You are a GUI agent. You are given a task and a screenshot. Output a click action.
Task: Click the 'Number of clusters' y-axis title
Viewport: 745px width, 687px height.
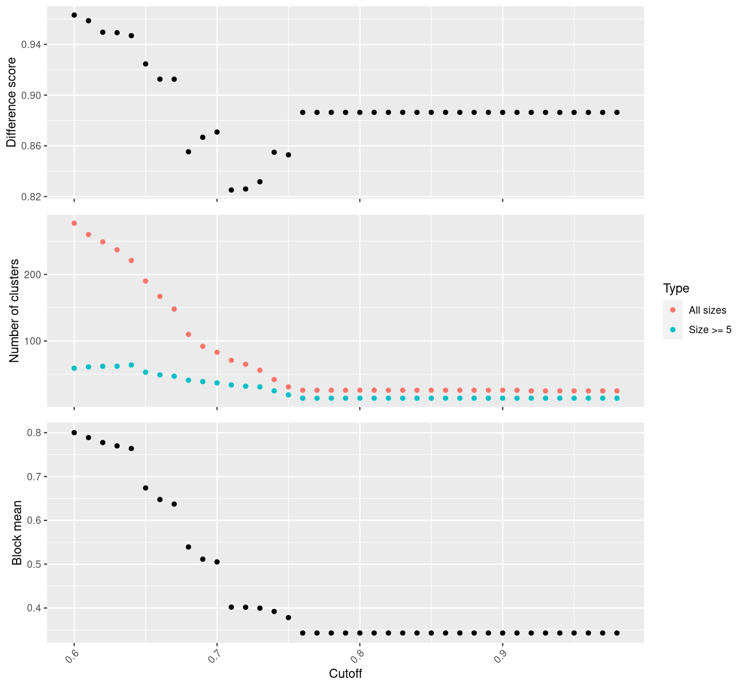(15, 311)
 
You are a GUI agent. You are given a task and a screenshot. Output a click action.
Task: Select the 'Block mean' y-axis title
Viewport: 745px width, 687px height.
(17, 533)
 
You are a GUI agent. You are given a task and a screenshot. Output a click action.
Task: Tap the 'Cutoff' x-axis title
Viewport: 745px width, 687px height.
(346, 674)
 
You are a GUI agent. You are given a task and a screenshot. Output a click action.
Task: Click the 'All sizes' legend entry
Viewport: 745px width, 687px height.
(707, 310)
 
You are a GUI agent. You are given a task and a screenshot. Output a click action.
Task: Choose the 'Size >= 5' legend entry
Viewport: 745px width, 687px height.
(710, 330)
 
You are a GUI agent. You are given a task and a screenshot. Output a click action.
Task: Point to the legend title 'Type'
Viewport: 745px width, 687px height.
(676, 289)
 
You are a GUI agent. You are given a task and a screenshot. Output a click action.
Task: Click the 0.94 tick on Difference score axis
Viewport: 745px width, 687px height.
(30, 45)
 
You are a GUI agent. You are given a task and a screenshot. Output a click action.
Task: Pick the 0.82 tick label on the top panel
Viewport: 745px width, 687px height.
(30, 197)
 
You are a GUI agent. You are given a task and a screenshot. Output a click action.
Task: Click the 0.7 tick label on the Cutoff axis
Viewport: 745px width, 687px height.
(212, 656)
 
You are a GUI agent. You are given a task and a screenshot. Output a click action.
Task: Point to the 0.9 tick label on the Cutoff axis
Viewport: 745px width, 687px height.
(498, 656)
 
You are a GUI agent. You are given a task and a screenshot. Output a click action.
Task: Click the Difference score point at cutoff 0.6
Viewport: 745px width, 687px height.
(74, 15)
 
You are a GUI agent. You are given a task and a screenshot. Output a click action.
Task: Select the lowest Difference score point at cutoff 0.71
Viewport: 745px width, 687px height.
(231, 190)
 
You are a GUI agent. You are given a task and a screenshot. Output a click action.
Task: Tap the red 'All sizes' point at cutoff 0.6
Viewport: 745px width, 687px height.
(74, 223)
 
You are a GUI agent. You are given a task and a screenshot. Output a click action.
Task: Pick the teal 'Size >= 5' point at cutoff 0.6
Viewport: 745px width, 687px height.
(74, 368)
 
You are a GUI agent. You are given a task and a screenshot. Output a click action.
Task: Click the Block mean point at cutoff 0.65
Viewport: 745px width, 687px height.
(146, 488)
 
